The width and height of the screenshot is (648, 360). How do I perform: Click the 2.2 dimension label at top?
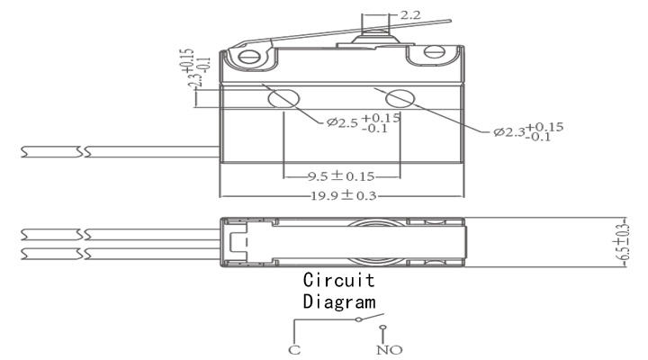click(x=410, y=15)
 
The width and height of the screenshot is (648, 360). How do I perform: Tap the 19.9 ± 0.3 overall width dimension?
click(x=344, y=195)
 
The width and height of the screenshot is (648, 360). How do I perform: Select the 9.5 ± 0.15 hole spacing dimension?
click(x=341, y=176)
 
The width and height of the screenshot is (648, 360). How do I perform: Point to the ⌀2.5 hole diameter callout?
click(x=364, y=122)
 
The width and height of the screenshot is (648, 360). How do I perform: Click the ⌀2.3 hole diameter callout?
click(x=528, y=131)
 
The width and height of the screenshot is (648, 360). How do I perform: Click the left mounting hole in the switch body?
click(x=283, y=99)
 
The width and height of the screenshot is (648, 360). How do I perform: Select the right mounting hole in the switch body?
click(x=400, y=98)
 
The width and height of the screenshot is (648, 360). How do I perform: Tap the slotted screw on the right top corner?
click(x=435, y=52)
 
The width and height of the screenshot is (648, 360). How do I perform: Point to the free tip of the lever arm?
click(x=451, y=21)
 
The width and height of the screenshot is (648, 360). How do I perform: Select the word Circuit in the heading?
click(x=339, y=280)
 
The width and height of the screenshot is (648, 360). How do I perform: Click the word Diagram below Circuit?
click(x=339, y=301)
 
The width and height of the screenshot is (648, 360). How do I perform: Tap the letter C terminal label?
click(x=294, y=350)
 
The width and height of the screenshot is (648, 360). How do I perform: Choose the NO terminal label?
click(x=390, y=350)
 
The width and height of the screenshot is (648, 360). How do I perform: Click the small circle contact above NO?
click(x=382, y=328)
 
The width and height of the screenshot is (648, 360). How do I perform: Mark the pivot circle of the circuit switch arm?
click(x=359, y=319)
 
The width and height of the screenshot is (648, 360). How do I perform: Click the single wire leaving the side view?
click(x=121, y=152)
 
